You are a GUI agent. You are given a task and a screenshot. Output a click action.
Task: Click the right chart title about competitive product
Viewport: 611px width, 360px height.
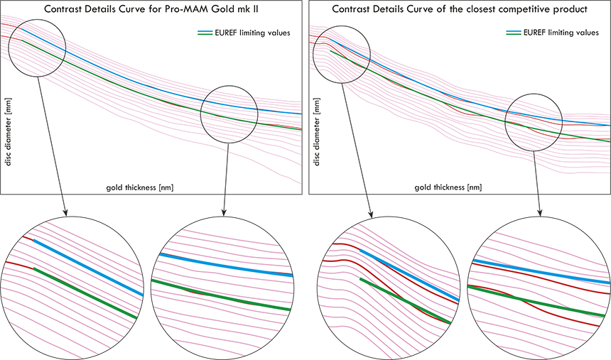coord(459,10)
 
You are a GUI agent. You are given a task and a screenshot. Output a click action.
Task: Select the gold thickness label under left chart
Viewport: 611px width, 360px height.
coord(140,187)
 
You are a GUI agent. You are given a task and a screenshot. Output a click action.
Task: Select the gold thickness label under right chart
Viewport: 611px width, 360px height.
coord(448,187)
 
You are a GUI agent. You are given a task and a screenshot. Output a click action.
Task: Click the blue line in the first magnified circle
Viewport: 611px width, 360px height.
coord(85,266)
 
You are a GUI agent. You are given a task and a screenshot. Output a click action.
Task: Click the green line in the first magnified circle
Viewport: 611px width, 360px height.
coord(85,292)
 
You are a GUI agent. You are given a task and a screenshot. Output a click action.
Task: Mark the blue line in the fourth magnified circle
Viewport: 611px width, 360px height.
coord(540,272)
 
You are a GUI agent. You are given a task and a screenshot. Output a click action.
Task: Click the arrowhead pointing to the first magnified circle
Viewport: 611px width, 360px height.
coord(65,211)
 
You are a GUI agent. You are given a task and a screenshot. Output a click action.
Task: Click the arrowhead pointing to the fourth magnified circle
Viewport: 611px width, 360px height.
coord(541,211)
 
